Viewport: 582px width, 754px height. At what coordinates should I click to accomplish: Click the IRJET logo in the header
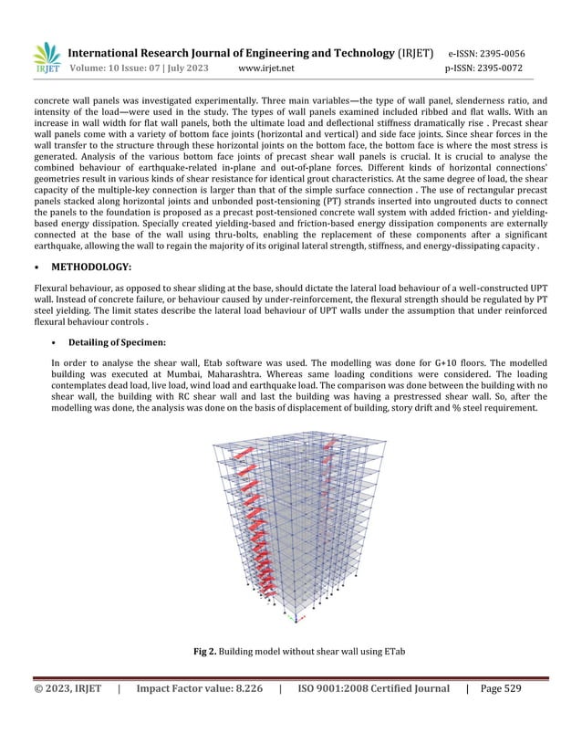(46, 58)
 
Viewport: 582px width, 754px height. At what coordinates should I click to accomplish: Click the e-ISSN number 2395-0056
(500, 53)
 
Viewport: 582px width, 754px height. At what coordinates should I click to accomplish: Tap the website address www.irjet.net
(265, 68)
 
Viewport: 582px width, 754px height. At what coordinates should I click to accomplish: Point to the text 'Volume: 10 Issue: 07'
(112, 68)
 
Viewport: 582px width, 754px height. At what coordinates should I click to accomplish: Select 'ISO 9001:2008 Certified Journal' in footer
(373, 688)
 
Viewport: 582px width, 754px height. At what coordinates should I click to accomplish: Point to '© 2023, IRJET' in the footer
(68, 688)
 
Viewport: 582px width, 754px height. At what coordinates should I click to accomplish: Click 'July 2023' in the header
(184, 68)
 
